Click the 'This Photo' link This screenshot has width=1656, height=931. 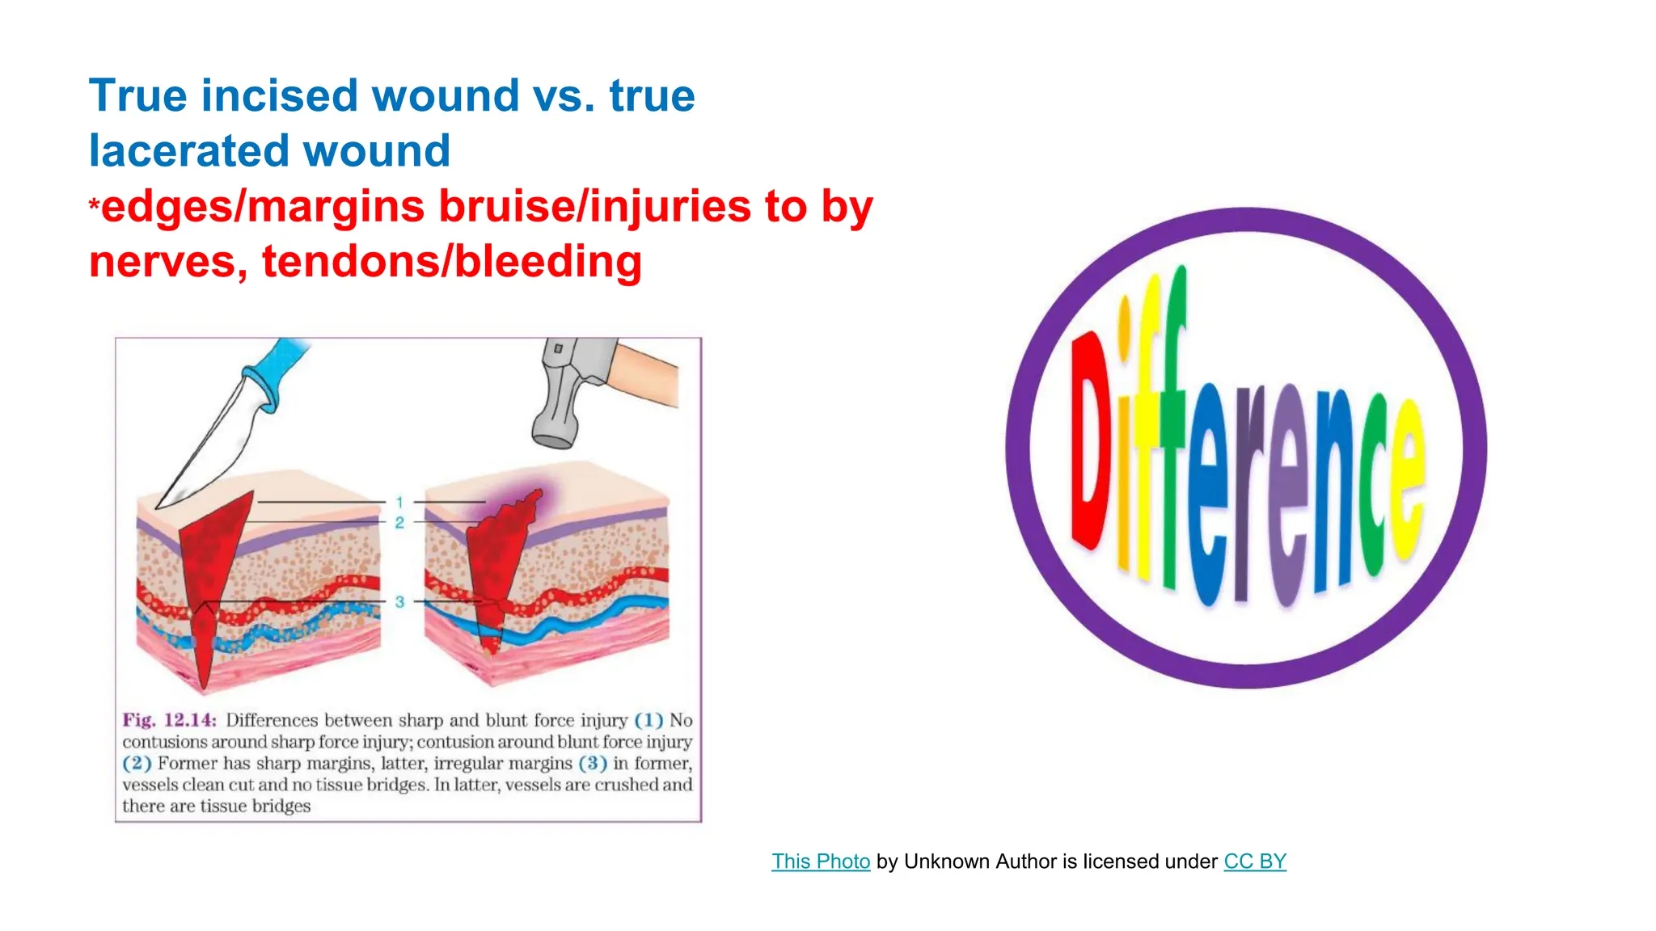(820, 861)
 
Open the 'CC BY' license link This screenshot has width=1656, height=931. (1254, 861)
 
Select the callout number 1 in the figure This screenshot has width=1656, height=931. (399, 503)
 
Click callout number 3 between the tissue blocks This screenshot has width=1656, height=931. (399, 602)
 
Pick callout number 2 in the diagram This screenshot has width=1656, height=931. (399, 523)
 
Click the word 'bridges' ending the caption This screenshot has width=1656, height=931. (281, 806)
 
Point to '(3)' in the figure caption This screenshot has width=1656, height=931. (593, 763)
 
